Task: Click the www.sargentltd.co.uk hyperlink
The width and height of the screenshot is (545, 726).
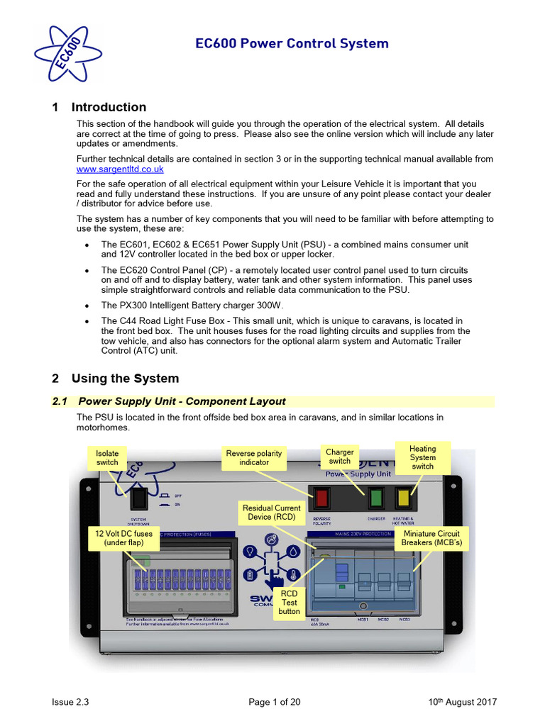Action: (120, 169)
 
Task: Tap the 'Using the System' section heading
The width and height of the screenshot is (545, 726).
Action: (116, 379)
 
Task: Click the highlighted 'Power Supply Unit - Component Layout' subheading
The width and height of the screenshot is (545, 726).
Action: (182, 401)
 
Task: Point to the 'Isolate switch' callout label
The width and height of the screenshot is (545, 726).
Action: (107, 457)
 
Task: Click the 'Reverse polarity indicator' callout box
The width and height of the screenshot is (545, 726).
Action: (254, 457)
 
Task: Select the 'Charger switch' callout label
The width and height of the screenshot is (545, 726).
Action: (339, 456)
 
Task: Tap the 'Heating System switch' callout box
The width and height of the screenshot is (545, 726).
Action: (422, 457)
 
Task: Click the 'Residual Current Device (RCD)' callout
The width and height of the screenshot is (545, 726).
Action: (272, 513)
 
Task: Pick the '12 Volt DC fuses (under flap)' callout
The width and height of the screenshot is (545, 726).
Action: (123, 538)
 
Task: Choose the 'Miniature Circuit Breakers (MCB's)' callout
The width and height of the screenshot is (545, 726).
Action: (431, 538)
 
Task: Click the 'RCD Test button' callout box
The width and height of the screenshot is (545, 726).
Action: (289, 602)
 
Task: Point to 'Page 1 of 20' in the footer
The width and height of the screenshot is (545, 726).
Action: (274, 702)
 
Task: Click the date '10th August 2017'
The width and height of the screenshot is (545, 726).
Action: (462, 702)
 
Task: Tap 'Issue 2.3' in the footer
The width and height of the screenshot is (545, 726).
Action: (70, 702)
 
